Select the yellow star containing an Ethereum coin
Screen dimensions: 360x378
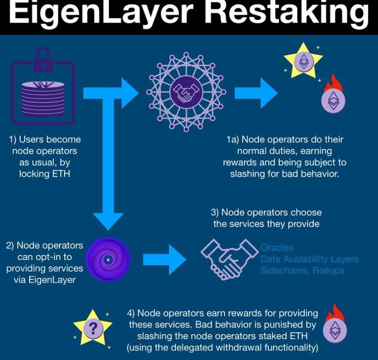click(302, 60)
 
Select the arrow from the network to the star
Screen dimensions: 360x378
click(256, 92)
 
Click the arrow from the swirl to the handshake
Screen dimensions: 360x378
click(163, 259)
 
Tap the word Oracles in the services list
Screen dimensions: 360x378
click(277, 248)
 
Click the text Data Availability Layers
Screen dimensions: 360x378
click(309, 259)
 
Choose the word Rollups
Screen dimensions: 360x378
click(328, 270)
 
